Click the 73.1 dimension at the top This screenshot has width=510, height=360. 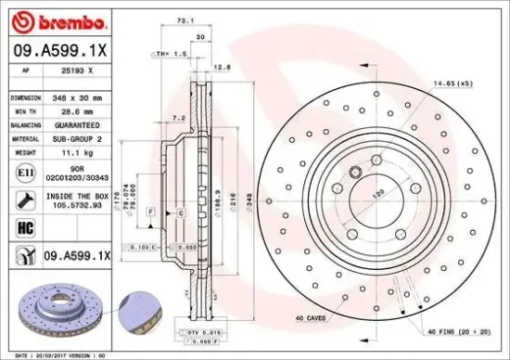(x=185, y=19)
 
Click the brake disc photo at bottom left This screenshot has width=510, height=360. (x=65, y=312)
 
